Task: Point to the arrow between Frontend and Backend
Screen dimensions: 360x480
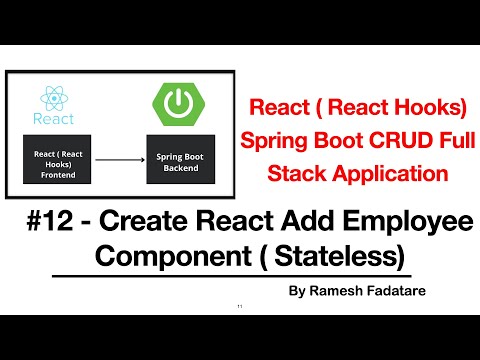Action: click(115, 157)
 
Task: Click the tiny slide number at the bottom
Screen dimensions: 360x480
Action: click(240, 305)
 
